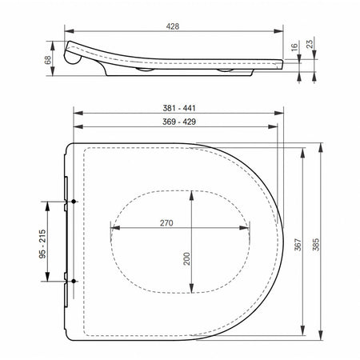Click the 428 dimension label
point(173,26)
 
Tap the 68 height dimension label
point(48,60)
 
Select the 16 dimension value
point(294,47)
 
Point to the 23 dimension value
point(310,44)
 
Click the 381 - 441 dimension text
point(179,108)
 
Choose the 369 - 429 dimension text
point(179,122)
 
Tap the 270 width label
point(166,223)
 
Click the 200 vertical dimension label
point(186,258)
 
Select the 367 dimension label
point(298,245)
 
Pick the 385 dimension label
point(316,245)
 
